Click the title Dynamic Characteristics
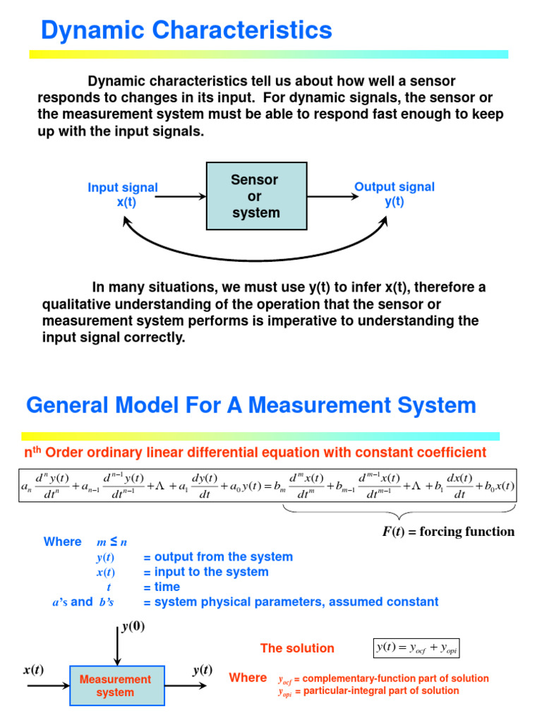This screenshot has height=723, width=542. (186, 30)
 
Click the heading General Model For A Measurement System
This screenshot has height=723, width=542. (251, 405)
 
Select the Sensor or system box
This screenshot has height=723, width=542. (255, 196)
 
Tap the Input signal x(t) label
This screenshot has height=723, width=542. (123, 194)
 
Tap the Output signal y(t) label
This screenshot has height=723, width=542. (394, 194)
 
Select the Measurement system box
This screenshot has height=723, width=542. (115, 686)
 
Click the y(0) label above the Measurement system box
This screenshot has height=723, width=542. (129, 626)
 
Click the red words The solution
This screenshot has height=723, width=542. (297, 648)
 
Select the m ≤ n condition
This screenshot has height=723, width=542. (112, 542)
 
